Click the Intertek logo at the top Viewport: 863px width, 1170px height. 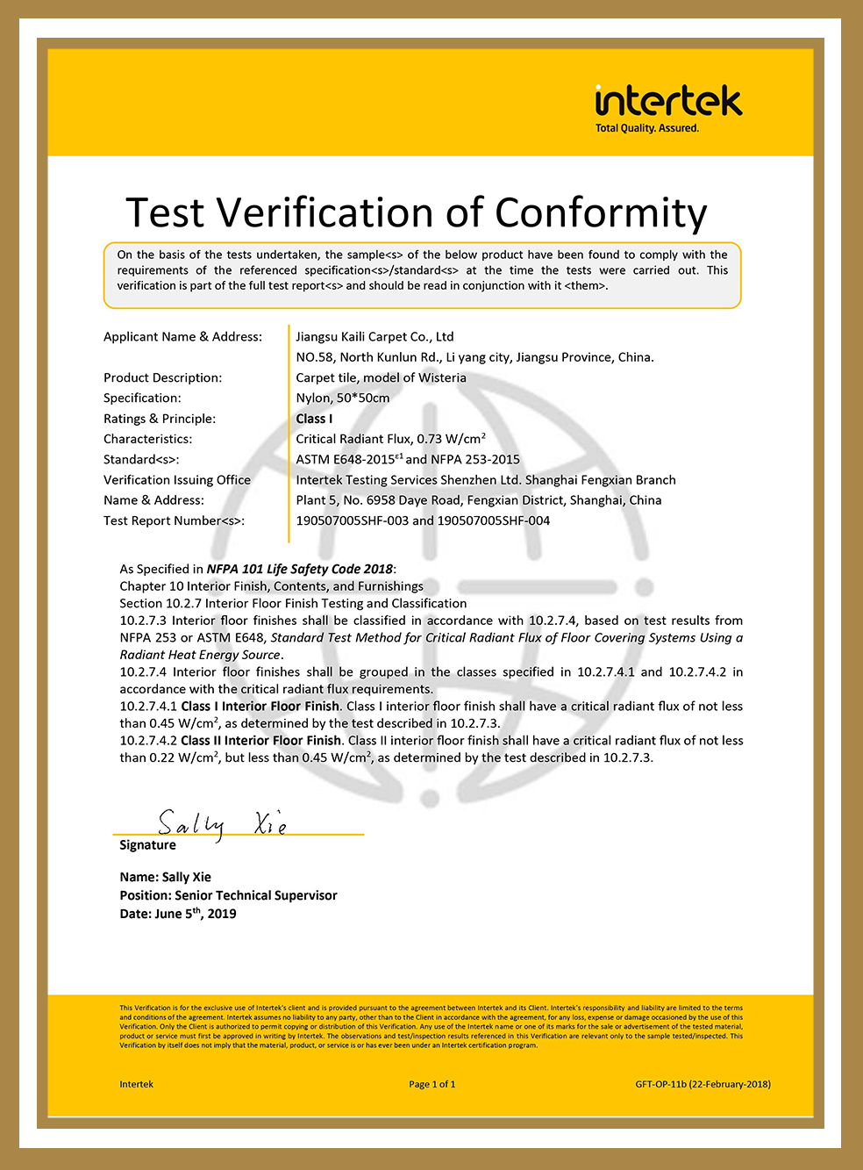coord(668,102)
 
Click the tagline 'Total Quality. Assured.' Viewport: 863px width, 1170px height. coord(647,128)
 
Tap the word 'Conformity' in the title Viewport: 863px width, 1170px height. coord(601,213)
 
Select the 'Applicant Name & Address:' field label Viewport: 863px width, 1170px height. coord(182,337)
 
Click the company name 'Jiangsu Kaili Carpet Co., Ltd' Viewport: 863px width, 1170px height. coord(374,337)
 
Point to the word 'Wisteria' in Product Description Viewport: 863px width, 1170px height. coord(442,378)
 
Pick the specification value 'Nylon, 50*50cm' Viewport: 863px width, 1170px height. coord(343,398)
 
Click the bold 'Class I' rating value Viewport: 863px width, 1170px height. coord(314,419)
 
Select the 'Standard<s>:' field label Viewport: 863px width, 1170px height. coord(141,460)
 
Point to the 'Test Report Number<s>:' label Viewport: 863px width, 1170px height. coord(174,521)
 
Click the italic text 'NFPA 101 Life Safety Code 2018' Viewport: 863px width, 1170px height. coord(299,570)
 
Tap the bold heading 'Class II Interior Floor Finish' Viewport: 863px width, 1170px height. coord(260,741)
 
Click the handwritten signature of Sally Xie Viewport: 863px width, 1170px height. coord(222,823)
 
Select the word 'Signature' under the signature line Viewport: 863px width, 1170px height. coord(147,845)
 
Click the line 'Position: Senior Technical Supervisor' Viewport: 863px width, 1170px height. coord(228,896)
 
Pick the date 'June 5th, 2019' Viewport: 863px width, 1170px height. coord(196,914)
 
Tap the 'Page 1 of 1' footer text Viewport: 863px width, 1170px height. coord(431,1084)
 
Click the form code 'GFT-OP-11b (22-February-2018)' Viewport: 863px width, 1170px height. coord(703,1084)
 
